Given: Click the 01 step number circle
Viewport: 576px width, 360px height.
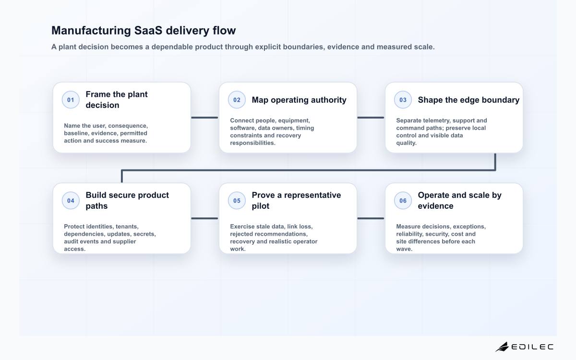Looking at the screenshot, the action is click(x=71, y=100).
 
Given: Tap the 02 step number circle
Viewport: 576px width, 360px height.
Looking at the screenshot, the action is click(x=237, y=100).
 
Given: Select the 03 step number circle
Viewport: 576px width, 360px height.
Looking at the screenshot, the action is click(x=403, y=100).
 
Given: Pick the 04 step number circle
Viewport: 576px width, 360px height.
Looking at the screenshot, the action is click(x=71, y=201).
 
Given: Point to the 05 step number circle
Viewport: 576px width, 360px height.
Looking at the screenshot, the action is click(x=237, y=201).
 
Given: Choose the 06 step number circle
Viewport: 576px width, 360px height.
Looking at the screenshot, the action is click(x=403, y=201).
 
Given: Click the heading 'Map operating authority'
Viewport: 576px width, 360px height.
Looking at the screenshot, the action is click(x=299, y=100).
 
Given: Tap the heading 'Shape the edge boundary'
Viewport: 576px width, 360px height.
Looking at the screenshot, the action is click(x=468, y=100).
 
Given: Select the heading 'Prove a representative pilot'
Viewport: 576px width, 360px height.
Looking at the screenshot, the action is click(x=296, y=201).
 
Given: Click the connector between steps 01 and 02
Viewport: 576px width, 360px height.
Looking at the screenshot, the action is click(x=204, y=118).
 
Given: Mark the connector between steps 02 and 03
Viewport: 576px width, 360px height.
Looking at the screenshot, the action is click(x=371, y=118).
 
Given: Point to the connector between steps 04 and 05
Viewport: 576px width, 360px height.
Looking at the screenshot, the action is click(x=204, y=218).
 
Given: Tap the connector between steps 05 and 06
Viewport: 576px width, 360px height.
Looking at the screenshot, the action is click(x=371, y=218).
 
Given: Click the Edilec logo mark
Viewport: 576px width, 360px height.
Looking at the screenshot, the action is click(x=502, y=347).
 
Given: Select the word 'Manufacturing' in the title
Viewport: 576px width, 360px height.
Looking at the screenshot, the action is click(x=91, y=30).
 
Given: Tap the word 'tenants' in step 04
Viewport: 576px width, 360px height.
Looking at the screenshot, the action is click(x=127, y=227).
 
